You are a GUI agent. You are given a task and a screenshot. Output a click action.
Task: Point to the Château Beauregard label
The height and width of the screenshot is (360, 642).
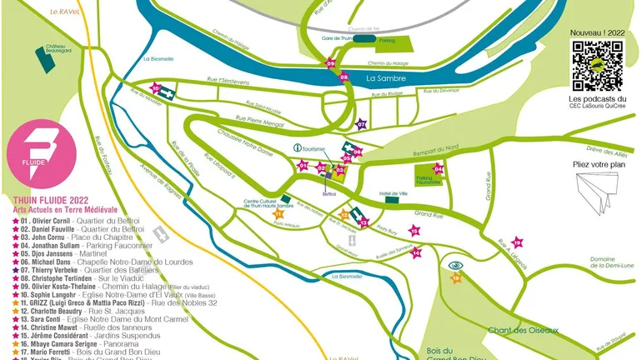(57, 48)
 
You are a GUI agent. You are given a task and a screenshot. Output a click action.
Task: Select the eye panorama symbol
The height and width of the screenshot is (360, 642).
(455, 266)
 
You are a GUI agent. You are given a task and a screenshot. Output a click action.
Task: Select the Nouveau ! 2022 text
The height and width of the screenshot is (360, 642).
(597, 32)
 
